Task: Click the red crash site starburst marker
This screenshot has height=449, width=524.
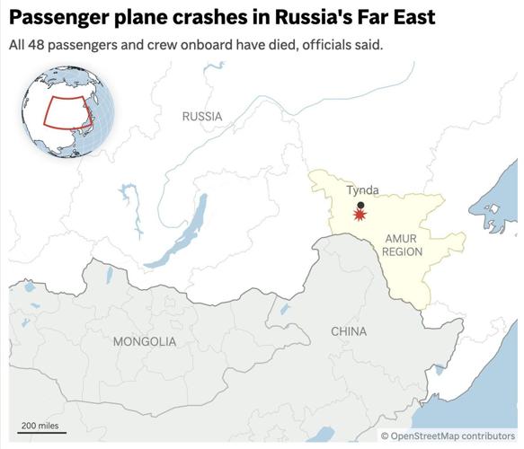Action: pos(360,216)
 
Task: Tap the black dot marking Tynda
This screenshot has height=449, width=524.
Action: pos(360,205)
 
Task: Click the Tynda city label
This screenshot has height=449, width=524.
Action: pos(362,189)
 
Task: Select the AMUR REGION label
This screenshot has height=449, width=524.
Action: pos(402,245)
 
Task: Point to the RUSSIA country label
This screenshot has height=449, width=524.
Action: pos(201,117)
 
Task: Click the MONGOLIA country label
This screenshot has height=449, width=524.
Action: pos(145,341)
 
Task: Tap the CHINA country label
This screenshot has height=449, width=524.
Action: pos(349,331)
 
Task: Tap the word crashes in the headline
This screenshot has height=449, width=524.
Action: pos(208,18)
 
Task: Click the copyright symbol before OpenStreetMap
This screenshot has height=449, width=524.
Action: pos(385,436)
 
